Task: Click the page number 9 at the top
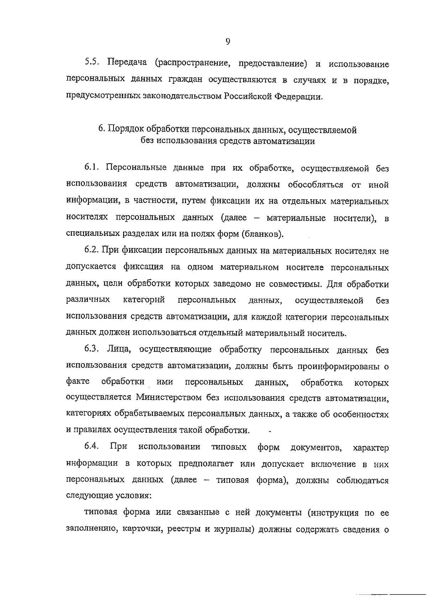click(228, 42)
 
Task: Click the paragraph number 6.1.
click(93, 168)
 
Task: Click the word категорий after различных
click(143, 300)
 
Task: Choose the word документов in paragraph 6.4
click(316, 447)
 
